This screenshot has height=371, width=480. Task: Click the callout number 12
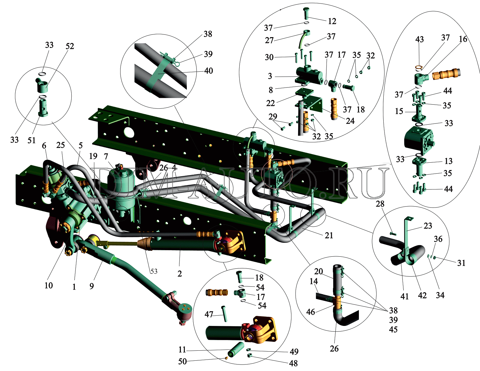click(332, 21)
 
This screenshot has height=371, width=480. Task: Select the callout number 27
click(269, 40)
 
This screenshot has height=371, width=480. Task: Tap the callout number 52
click(70, 46)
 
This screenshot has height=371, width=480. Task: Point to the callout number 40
click(208, 71)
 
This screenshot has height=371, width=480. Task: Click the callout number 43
click(419, 39)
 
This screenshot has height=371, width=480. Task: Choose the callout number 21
click(329, 235)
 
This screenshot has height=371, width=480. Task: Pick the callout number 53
click(154, 271)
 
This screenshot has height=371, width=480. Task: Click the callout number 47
click(209, 314)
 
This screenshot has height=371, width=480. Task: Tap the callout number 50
click(182, 361)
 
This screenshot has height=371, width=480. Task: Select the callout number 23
click(428, 226)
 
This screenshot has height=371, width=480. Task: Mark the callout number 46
click(311, 312)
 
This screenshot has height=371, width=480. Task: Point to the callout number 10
click(49, 285)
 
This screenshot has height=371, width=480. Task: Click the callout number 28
click(380, 204)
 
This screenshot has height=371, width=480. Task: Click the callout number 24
click(350, 121)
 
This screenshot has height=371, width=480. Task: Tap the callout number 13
click(448, 161)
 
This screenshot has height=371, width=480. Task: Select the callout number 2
click(180, 274)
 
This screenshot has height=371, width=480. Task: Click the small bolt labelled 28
click(393, 234)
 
